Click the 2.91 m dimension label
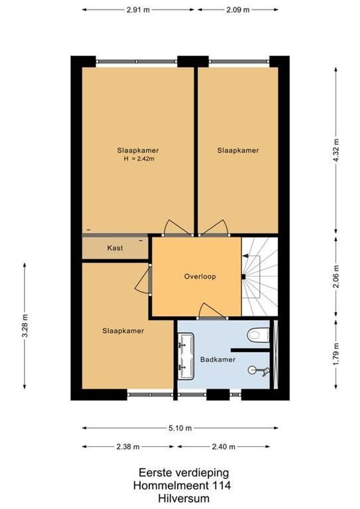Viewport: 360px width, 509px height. [138, 9]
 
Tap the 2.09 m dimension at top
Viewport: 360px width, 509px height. [238, 9]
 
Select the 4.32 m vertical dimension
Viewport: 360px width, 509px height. [336, 150]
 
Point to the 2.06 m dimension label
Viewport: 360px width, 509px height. [336, 276]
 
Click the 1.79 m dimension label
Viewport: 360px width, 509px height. [336, 354]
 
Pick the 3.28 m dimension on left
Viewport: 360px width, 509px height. [25, 326]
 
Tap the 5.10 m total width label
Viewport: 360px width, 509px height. [180, 428]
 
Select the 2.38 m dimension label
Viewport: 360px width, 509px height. [128, 447]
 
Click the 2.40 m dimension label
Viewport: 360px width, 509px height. [223, 447]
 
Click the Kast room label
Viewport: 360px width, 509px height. [115, 248]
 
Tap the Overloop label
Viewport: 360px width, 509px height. [200, 277]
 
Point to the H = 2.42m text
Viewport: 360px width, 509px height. [139, 159]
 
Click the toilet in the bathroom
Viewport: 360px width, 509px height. [258, 335]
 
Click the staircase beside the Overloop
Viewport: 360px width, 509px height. [259, 276]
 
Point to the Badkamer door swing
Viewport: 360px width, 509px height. [211, 311]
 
